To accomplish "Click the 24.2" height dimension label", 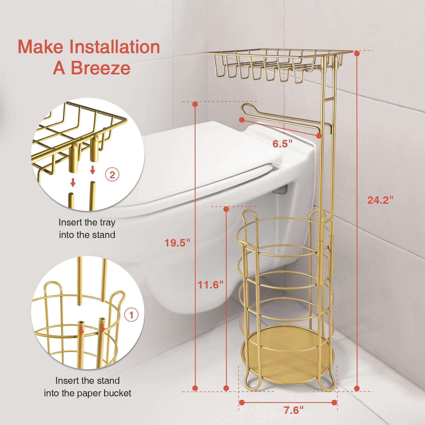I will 380,200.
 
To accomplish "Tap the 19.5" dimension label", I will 177,243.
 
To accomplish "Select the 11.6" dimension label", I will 210,285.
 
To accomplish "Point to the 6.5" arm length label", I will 282,144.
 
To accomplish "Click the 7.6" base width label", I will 293,410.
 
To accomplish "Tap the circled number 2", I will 112,175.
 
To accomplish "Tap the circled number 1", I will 131,315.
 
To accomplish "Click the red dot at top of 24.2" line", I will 357,53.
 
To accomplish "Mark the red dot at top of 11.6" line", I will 226,209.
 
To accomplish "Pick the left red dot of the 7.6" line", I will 241,402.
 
